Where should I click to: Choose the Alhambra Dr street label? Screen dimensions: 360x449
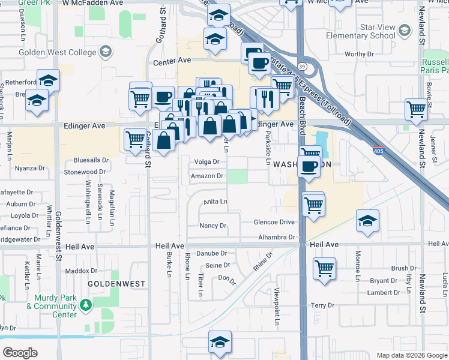[x=277, y=238]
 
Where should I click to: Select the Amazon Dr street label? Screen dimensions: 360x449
[x=207, y=176]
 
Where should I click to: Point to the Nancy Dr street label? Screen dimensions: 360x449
[x=213, y=226]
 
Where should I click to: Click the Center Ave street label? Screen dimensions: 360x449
[x=172, y=61]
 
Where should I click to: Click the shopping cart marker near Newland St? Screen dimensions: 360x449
[x=416, y=110]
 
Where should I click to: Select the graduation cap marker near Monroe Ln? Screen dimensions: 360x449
[x=367, y=221]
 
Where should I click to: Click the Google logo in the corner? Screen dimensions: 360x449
[x=20, y=352]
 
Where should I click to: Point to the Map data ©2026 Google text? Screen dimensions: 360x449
[x=411, y=355]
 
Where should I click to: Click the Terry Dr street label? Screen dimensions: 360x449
[x=322, y=305]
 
